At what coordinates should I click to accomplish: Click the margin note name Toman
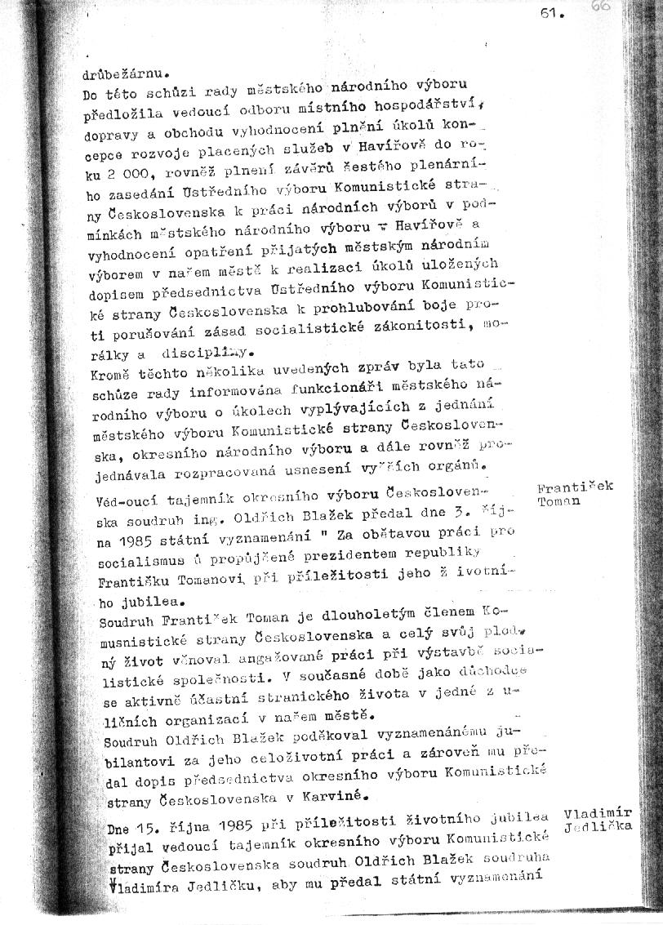[x=559, y=500]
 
